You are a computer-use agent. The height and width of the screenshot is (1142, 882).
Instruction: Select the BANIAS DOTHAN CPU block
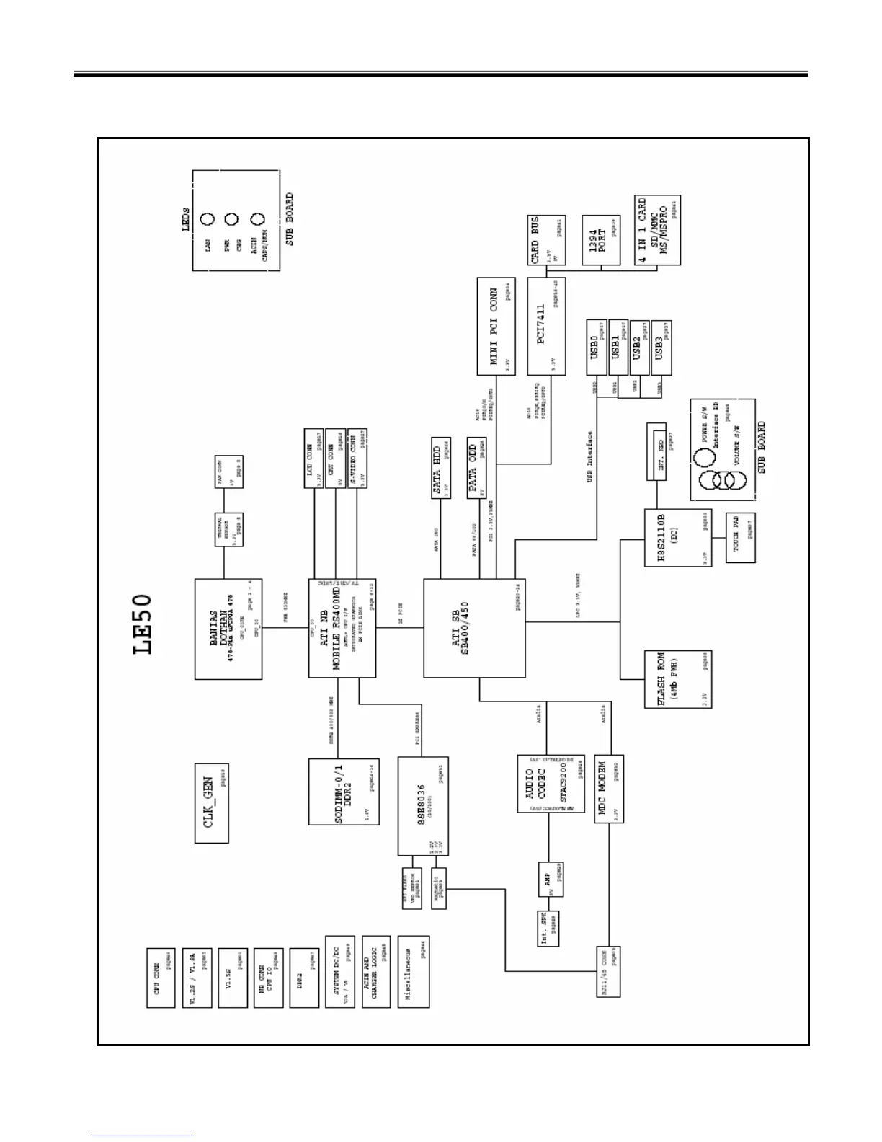228,628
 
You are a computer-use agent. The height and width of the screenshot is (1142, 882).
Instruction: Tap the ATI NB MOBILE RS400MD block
342,628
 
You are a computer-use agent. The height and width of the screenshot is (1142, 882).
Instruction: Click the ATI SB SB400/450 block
474,628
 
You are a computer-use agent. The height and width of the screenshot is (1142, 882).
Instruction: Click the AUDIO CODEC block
551,784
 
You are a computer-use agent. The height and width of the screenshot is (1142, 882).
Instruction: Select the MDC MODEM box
609,789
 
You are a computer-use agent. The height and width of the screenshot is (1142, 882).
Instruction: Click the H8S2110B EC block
678,537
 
